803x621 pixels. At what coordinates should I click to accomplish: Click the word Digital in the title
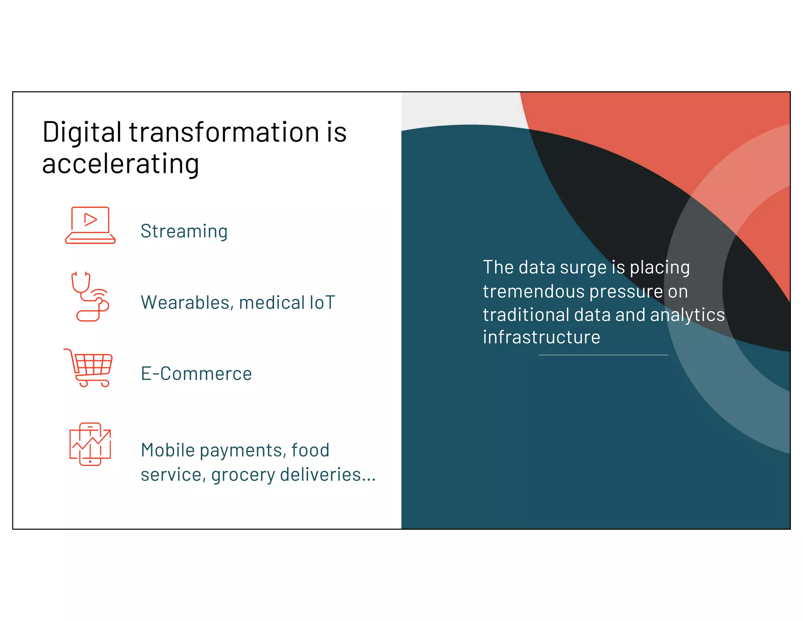(82, 133)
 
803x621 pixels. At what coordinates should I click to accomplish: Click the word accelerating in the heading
(120, 164)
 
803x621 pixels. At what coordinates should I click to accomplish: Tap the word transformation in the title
(224, 132)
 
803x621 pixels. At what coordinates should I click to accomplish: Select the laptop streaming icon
(90, 225)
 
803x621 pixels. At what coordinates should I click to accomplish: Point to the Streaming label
(184, 231)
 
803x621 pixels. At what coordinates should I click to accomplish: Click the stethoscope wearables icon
(89, 297)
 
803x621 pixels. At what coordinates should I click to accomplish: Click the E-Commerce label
(196, 374)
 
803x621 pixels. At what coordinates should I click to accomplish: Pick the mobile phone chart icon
(90, 444)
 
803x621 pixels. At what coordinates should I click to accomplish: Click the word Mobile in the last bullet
(167, 450)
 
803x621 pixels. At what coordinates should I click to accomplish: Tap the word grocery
(243, 475)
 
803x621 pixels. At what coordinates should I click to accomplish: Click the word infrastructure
(541, 337)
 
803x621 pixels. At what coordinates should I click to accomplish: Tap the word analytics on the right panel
(687, 315)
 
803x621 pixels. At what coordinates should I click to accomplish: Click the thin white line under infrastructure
(603, 355)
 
